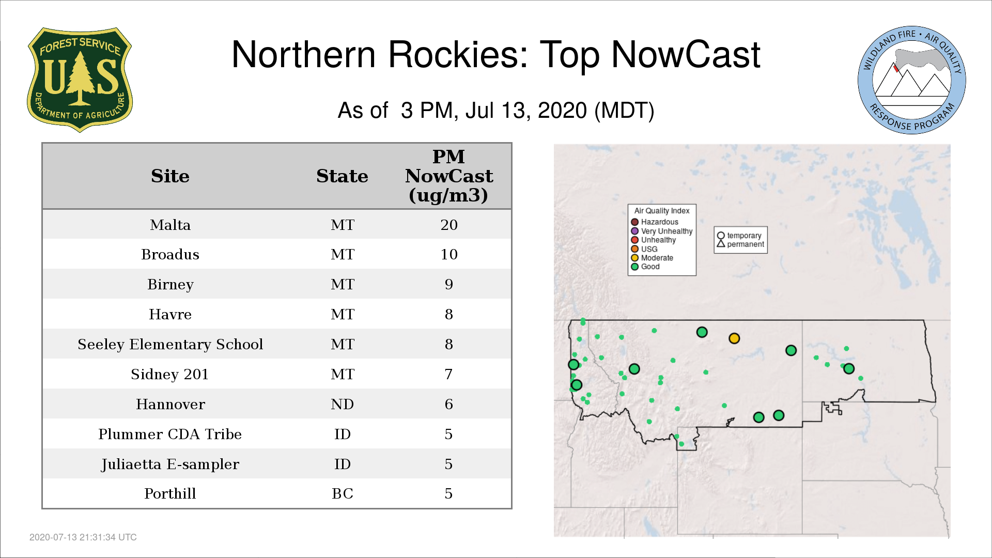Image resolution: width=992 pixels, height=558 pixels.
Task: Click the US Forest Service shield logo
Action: pos(80,80)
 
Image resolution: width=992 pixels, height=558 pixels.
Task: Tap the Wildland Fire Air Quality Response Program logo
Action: pos(912,80)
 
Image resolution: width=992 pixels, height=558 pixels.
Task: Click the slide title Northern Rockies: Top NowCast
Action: pos(496,55)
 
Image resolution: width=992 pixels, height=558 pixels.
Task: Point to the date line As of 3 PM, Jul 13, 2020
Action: pos(496,111)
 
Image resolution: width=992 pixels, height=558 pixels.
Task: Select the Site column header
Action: pos(170,176)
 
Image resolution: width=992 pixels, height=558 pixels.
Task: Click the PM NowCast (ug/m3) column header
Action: pos(449,176)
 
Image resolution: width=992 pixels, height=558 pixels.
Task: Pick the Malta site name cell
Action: pos(170,225)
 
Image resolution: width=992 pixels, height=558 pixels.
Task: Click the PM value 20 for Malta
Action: pos(449,225)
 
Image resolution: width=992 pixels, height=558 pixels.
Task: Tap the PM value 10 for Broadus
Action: pos(449,254)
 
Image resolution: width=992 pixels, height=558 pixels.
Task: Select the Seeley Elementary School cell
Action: pos(170,344)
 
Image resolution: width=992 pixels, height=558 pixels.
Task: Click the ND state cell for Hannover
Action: pos(343,404)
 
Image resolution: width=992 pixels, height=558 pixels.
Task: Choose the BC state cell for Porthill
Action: pos(343,493)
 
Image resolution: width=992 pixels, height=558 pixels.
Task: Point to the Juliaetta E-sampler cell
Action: pos(170,464)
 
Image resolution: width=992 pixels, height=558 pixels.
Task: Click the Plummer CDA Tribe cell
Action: pos(170,434)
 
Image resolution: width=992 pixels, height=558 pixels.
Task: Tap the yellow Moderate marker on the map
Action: pos(734,338)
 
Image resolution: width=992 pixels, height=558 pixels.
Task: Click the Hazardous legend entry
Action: pos(655,222)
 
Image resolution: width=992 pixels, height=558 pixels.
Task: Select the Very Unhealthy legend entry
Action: pos(662,231)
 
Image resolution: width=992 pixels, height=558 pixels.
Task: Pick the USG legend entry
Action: pos(644,249)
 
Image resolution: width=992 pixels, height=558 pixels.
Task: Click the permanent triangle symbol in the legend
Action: pos(721,244)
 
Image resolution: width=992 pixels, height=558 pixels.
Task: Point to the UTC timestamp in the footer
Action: pos(83,537)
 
